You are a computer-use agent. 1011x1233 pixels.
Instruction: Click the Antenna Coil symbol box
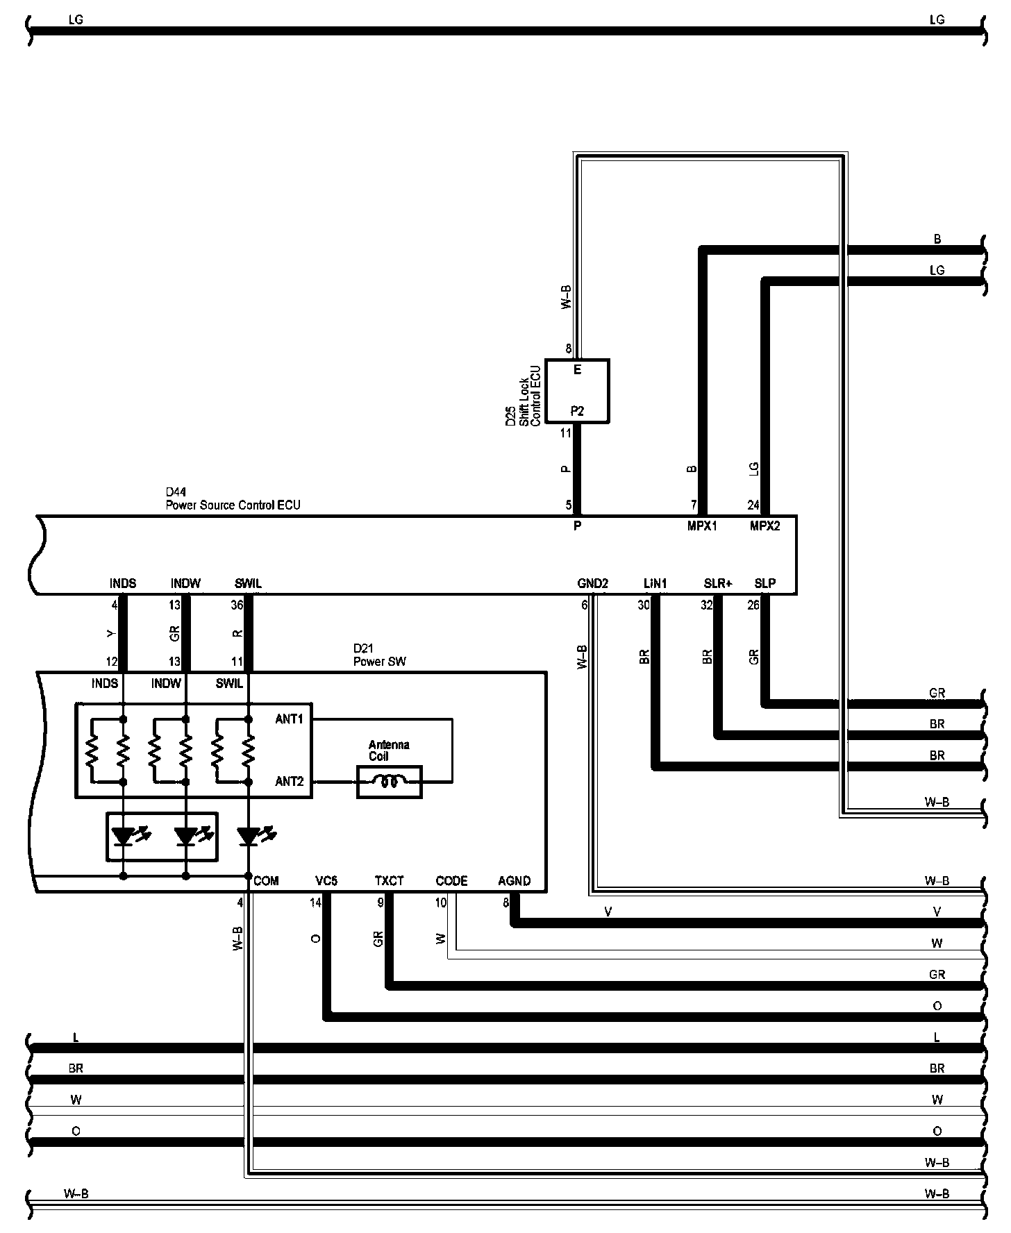click(389, 782)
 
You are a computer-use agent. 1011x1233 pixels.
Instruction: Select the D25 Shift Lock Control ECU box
click(577, 391)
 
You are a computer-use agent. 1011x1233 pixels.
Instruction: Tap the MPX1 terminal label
click(702, 526)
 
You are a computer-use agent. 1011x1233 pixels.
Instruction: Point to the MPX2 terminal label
click(764, 526)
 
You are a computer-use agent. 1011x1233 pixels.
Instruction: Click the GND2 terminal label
click(592, 583)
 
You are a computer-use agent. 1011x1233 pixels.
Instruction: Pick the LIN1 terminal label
click(655, 583)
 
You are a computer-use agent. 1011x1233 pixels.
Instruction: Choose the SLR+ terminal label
click(718, 583)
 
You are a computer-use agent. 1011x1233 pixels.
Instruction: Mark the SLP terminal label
click(764, 583)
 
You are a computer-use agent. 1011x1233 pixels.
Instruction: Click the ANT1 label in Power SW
click(290, 719)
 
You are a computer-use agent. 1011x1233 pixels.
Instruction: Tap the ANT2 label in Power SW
click(290, 782)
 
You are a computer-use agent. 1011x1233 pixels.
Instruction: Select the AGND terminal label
click(514, 881)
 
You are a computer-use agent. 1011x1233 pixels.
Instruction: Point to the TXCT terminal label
click(389, 881)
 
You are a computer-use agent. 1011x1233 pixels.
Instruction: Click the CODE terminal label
click(451, 881)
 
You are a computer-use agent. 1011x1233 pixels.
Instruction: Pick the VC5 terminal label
click(326, 881)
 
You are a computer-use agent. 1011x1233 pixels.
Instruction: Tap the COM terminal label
click(266, 881)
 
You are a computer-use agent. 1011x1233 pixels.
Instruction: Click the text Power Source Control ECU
click(233, 505)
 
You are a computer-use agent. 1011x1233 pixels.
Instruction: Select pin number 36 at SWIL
click(237, 605)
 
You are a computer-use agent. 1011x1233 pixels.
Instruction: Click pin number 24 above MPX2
click(753, 505)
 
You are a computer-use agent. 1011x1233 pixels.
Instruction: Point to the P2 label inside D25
click(577, 411)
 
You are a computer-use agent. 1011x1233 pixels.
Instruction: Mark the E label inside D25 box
click(577, 370)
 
